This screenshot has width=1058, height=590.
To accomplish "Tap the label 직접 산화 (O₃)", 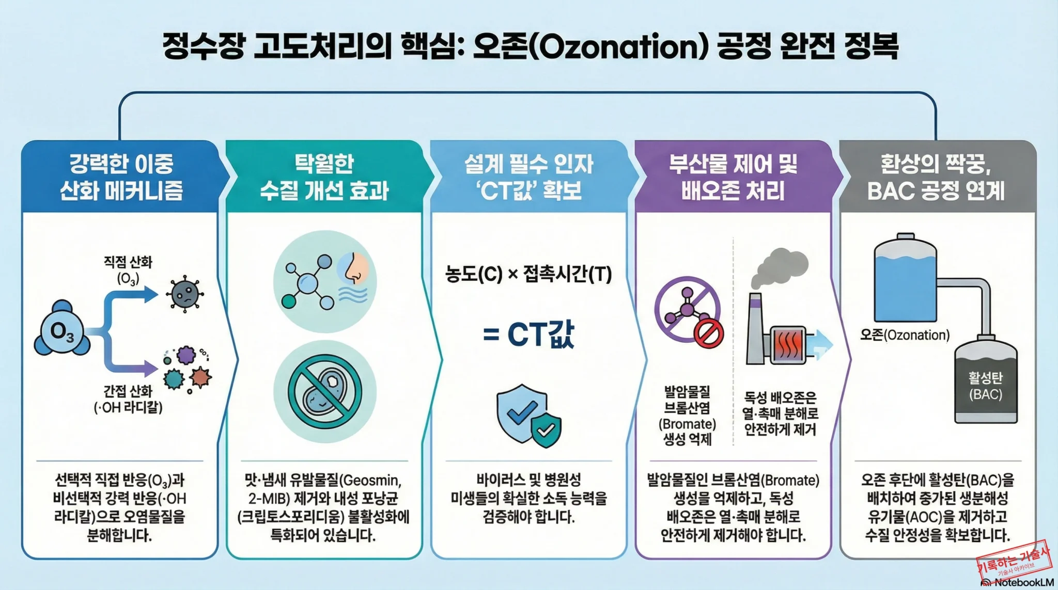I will pyautogui.click(x=128, y=270).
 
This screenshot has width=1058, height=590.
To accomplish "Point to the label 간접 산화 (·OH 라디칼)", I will pyautogui.click(x=128, y=399).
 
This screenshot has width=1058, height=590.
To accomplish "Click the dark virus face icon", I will pyautogui.click(x=184, y=294).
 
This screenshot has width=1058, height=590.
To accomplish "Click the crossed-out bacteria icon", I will pyautogui.click(x=324, y=391).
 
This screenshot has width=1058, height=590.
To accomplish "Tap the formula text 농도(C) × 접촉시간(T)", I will pyautogui.click(x=528, y=274).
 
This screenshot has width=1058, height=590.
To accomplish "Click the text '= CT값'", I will pyautogui.click(x=528, y=334).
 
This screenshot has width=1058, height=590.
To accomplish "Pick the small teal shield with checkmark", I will pyautogui.click(x=546, y=429).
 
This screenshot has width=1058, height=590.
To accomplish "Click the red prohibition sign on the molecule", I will pyautogui.click(x=708, y=333).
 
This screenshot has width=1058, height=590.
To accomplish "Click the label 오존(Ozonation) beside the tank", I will pyautogui.click(x=905, y=335).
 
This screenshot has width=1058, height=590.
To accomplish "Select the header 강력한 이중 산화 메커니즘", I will pyautogui.click(x=121, y=177).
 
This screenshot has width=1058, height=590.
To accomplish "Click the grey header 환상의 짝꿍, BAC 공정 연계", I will pyautogui.click(x=936, y=177).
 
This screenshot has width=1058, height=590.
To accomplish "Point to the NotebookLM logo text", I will pyautogui.click(x=1023, y=583).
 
